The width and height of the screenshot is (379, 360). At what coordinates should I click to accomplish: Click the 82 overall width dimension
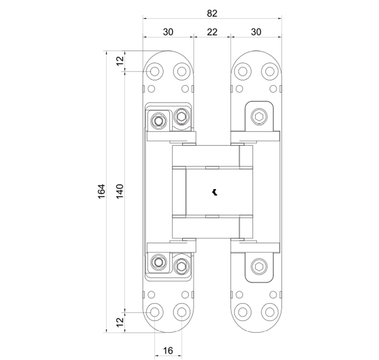[x=212, y=13]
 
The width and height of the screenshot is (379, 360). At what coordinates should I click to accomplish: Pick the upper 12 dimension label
[x=120, y=60]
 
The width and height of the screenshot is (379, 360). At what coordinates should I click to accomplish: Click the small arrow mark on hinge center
[x=215, y=192]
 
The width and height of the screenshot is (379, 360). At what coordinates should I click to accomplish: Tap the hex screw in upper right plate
[x=259, y=117]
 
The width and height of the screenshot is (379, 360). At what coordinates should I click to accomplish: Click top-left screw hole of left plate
[x=154, y=71]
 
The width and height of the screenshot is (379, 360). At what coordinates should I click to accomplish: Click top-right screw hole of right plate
[x=270, y=71]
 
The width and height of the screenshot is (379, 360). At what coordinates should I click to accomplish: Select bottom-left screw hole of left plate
[x=154, y=312]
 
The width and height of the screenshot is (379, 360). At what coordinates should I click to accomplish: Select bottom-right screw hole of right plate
[x=270, y=312]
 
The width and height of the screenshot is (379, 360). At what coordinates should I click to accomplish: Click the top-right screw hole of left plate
[x=181, y=71]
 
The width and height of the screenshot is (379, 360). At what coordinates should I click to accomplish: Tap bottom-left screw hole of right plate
[x=243, y=312]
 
